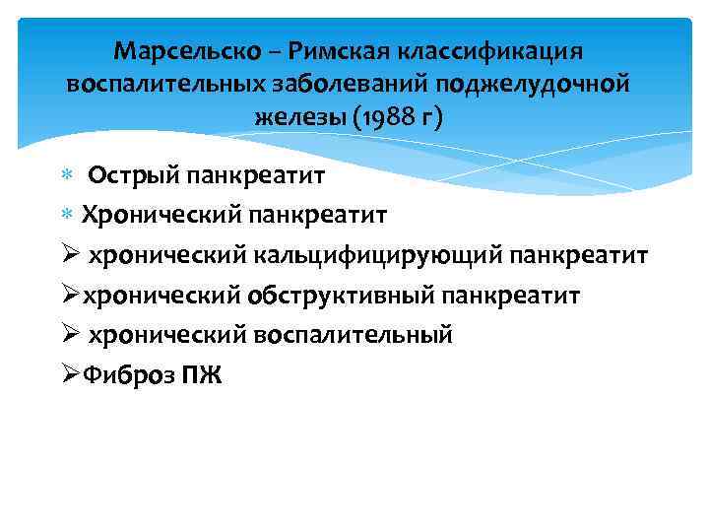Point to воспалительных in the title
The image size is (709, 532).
pyautogui.click(x=166, y=83)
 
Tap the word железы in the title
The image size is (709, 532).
pyautogui.click(x=294, y=117)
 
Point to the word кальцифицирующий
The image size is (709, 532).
pyautogui.click(x=378, y=256)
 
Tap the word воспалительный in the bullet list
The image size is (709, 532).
pyautogui.click(x=354, y=334)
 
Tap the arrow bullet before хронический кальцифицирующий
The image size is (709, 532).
pyautogui.click(x=70, y=256)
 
